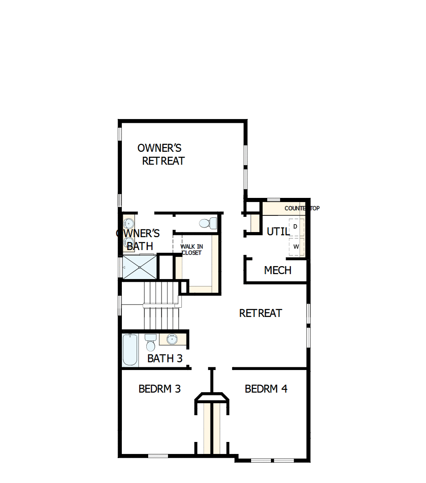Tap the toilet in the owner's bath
coord(207,223)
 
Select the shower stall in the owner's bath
coord(139,267)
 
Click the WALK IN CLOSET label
coord(192,250)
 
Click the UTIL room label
coord(278,232)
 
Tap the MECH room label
coord(277,270)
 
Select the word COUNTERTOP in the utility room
coord(301,209)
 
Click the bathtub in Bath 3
coord(130,350)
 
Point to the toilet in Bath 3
coord(150,343)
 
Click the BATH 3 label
coord(165,358)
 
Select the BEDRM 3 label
coord(159,389)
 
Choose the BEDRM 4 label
coord(266,389)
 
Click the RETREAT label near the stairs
coord(260,313)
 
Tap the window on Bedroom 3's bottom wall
coord(158,457)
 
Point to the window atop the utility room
coord(274,200)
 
